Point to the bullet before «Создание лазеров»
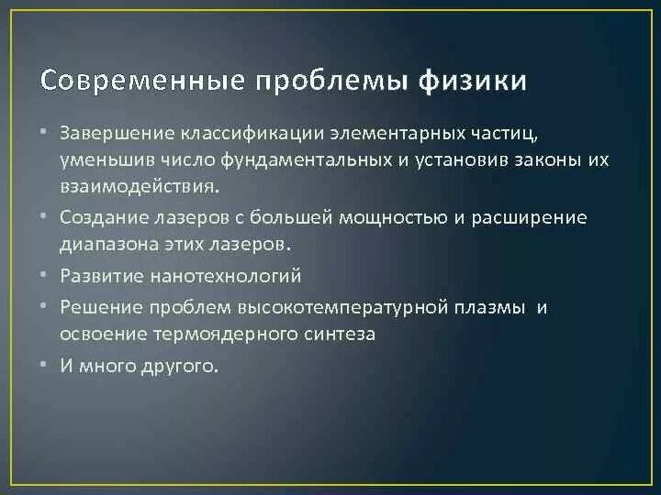44,217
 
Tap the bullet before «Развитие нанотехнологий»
44,275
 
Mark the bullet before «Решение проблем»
44,306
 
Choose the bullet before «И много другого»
44,364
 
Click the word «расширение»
534,218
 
